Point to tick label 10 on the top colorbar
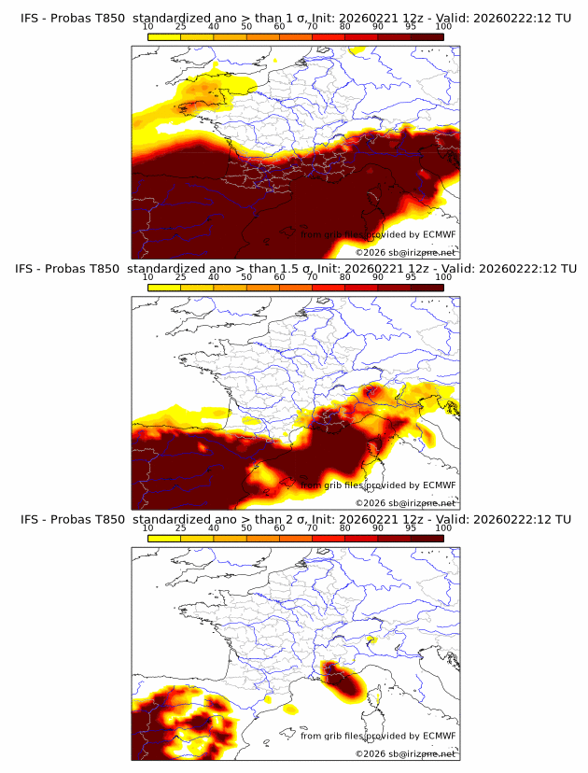pos(148,27)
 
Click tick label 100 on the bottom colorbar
pos(442,528)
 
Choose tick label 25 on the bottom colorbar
pos(181,528)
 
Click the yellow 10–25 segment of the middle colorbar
pos(164,288)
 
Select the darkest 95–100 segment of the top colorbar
pos(427,36)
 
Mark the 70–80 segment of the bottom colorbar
pos(328,538)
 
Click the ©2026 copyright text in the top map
pos(405,252)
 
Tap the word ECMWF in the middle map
pos(439,485)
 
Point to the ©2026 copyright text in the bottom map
pos(405,753)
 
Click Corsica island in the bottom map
pos(379,696)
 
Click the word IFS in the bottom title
pos(31,519)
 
